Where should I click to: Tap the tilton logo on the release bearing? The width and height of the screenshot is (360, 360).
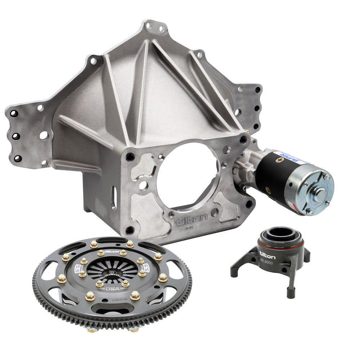coord(267,256)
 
